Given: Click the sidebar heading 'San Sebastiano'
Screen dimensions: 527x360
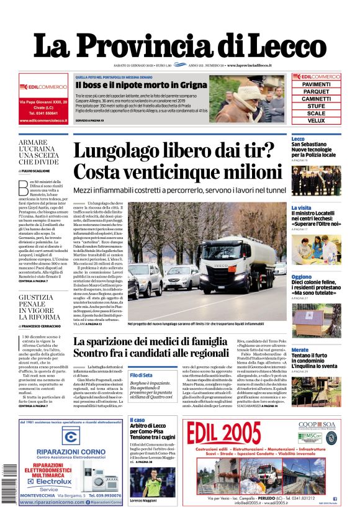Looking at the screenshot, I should click(x=310, y=145).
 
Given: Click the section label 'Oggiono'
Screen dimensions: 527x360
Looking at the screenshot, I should click(x=302, y=277).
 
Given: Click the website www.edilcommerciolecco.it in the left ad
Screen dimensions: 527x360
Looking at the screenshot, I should click(x=42, y=121).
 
